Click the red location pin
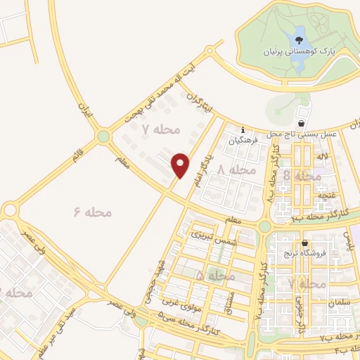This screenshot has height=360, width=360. pos(181,165)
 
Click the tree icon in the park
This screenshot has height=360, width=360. pos(299,39)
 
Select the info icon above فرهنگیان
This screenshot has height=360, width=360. pos(243,130)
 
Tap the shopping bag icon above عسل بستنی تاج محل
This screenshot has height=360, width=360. pos(302,124)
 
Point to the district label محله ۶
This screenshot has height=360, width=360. pos(91,211)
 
